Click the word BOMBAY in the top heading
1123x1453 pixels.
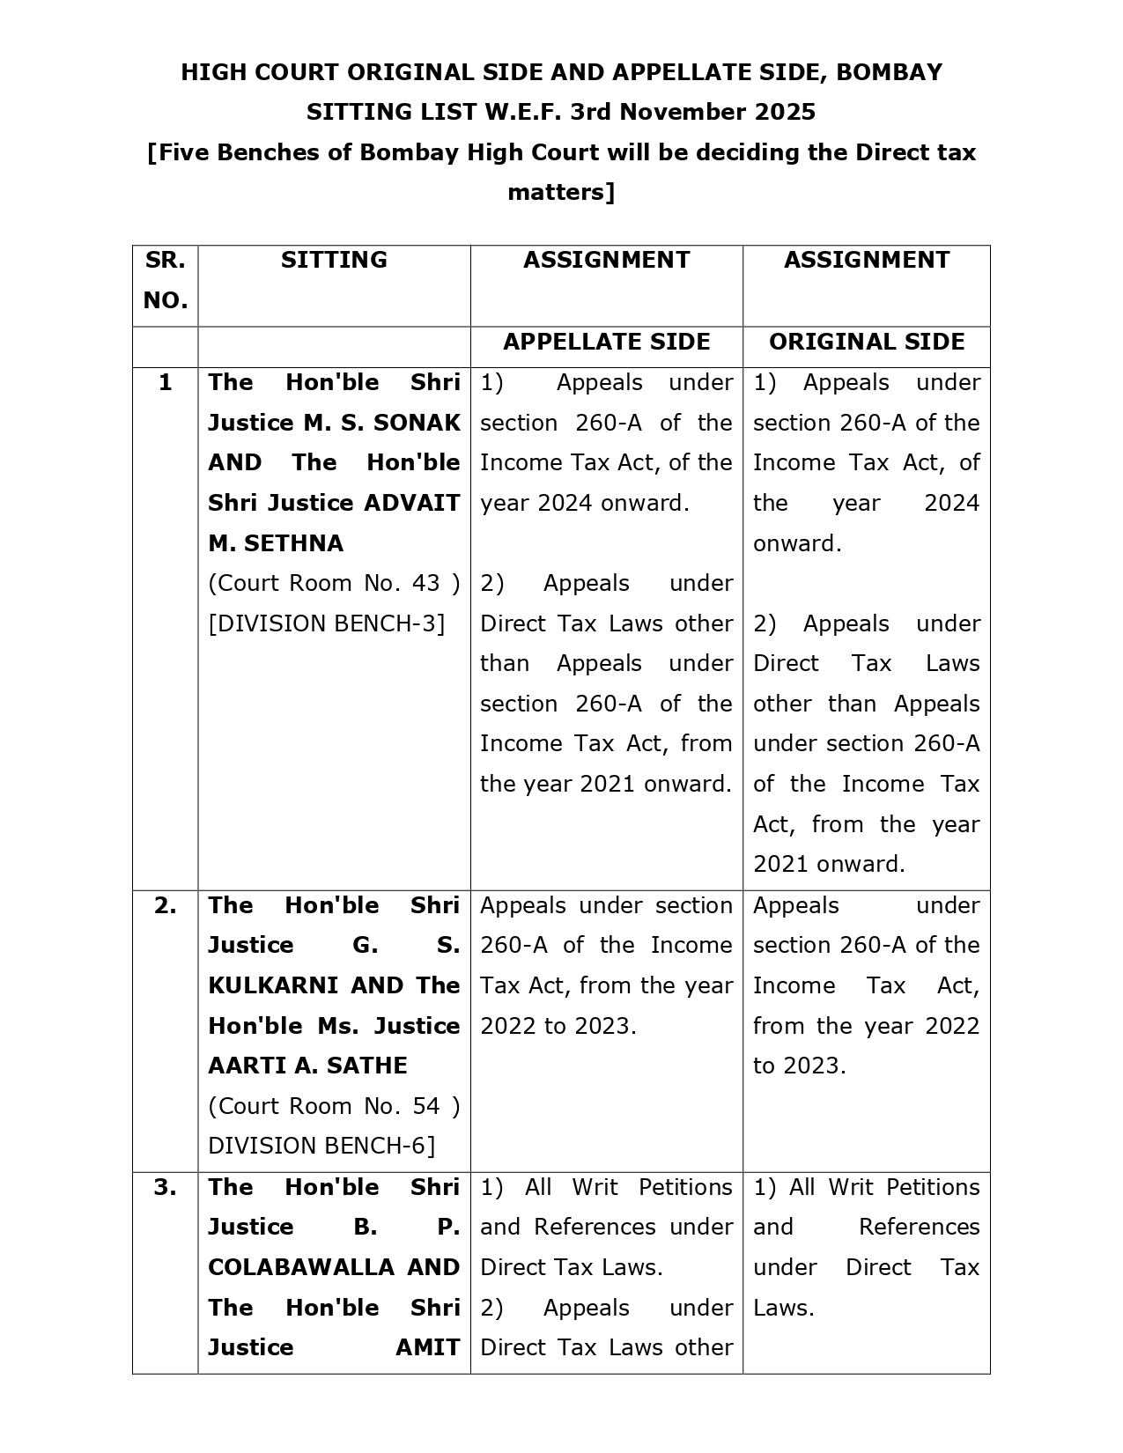pos(889,72)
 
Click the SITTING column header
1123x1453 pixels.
pos(334,260)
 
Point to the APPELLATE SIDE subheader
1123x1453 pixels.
pos(606,342)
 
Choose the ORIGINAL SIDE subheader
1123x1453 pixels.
pos(867,342)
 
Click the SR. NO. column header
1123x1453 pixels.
pos(165,280)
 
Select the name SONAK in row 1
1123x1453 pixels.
pos(417,423)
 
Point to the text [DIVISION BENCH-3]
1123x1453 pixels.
pos(327,623)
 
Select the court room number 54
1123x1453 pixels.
pos(425,1106)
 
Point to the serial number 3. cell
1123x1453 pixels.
pos(165,1187)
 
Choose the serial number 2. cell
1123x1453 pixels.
pos(165,905)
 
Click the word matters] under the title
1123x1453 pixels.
pos(561,192)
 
